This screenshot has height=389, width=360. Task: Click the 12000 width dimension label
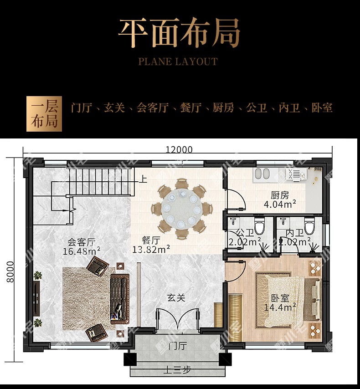179,149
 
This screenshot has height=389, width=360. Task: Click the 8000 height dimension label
10,271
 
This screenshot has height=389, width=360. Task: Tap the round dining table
181,208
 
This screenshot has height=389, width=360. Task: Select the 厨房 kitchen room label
280,195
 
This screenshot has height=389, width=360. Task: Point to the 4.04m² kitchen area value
280,204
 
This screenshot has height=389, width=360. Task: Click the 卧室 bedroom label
280,298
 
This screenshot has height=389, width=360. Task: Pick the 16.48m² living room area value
82,251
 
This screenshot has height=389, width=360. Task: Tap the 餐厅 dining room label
151,240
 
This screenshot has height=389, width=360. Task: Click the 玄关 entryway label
176,298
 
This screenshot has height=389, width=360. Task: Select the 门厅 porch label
178,346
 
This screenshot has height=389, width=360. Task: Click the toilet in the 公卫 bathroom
259,225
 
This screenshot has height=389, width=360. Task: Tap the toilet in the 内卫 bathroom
309,225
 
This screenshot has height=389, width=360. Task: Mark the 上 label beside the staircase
143,179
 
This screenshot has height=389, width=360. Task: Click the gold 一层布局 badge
44,114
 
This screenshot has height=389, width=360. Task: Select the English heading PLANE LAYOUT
178,61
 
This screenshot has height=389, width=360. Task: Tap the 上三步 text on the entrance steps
177,370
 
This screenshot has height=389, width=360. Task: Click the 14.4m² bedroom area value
280,307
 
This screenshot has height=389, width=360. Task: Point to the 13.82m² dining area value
151,249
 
